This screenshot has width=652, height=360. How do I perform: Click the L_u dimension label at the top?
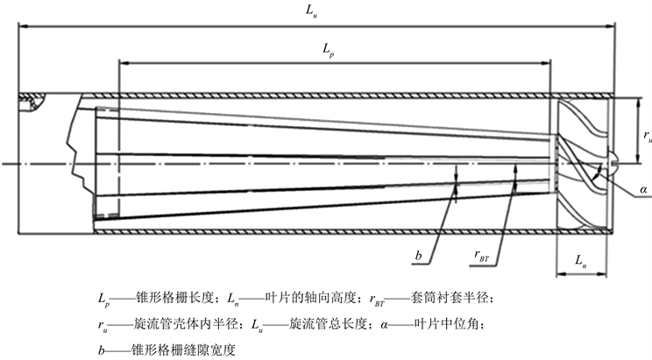tap(310, 10)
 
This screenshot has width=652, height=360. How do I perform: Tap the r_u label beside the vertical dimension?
tap(647, 136)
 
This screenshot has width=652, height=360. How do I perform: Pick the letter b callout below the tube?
tap(420, 255)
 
